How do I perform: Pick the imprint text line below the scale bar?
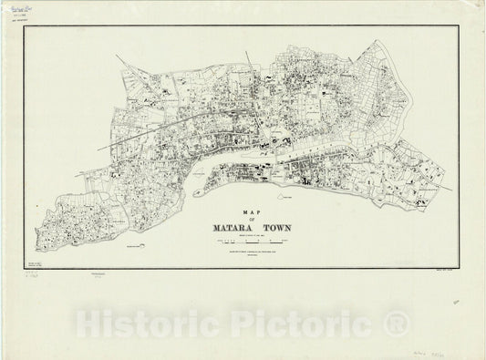[256, 253]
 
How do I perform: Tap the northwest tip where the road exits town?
[119, 57]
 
